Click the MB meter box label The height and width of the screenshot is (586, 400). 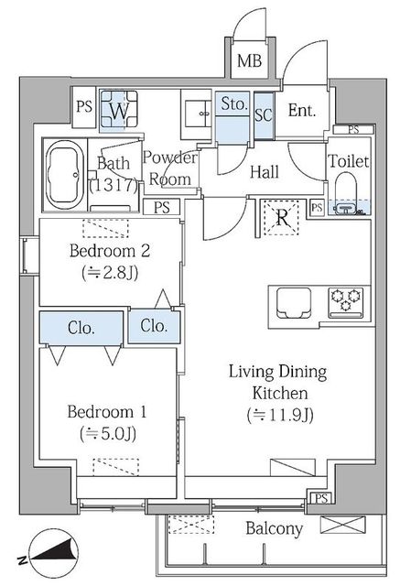click(250, 60)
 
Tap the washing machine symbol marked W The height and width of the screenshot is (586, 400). click(119, 110)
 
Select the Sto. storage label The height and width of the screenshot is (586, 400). click(233, 103)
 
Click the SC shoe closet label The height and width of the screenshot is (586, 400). click(264, 114)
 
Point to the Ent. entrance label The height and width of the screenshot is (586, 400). click(302, 110)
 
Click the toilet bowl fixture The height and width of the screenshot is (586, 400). click(347, 193)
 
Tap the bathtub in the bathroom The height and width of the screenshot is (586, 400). click(64, 176)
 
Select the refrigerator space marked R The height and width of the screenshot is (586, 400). click(282, 218)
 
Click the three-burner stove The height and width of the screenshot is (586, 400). click(346, 302)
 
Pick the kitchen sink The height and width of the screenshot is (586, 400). click(294, 303)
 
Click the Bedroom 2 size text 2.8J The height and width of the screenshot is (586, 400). click(110, 273)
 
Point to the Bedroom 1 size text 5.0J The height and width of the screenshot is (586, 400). click(108, 434)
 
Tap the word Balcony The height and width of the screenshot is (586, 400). click(274, 529)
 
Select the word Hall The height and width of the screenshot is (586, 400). click(265, 172)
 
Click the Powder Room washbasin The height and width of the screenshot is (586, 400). click(196, 114)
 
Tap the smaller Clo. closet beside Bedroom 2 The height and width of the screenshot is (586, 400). click(154, 326)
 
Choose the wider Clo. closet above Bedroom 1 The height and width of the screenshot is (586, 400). click(81, 328)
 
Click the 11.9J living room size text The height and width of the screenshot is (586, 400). click(280, 415)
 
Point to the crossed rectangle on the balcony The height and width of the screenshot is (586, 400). click(343, 525)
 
